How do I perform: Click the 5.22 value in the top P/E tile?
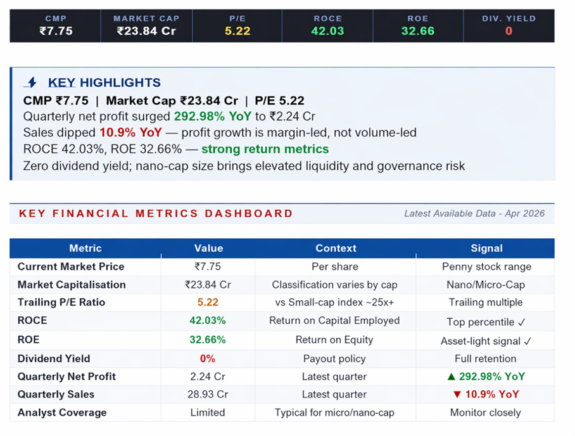pos(237,30)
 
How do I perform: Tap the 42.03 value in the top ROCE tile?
pos(327,30)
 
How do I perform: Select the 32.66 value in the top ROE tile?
pos(418,30)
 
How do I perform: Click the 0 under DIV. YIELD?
pos(509,30)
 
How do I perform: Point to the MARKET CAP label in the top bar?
pos(146,18)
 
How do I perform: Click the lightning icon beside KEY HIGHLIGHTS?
pos(31,82)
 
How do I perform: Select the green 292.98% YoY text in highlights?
pos(212,117)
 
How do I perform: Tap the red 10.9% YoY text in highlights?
pos(130,133)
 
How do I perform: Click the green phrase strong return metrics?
pos(265,150)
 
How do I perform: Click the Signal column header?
pos(486,248)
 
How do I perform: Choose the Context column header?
pos(336,248)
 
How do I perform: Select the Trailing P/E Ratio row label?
pos(62,302)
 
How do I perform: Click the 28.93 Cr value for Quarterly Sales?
pos(208,394)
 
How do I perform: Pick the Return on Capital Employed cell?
pos(334,321)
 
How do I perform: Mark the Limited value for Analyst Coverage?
pos(208,413)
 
